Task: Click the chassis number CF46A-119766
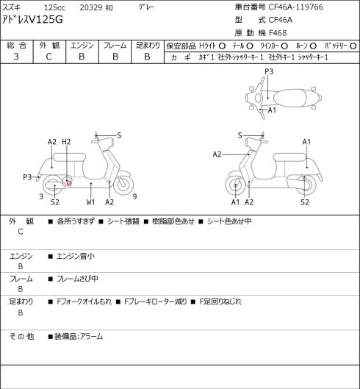coord(295,7)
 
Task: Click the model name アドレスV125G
coord(32,20)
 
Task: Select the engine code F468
coord(278,33)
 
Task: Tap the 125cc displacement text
coord(54,7)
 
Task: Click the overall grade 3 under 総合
coord(16,57)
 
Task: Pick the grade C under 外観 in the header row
coord(48,57)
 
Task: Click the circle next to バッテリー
coord(353,46)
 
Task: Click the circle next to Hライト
coord(222,46)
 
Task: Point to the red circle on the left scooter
coord(69,183)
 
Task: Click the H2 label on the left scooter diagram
coord(66,142)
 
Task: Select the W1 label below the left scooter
coord(91,202)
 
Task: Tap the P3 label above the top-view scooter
coord(269,71)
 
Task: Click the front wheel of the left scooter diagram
coord(123,185)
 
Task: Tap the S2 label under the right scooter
coord(305,202)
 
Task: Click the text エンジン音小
coord(76,256)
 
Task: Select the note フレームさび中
coord(77,279)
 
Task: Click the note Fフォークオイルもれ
coord(84,301)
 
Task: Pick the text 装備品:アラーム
coord(79,337)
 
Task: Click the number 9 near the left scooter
coord(134,196)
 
